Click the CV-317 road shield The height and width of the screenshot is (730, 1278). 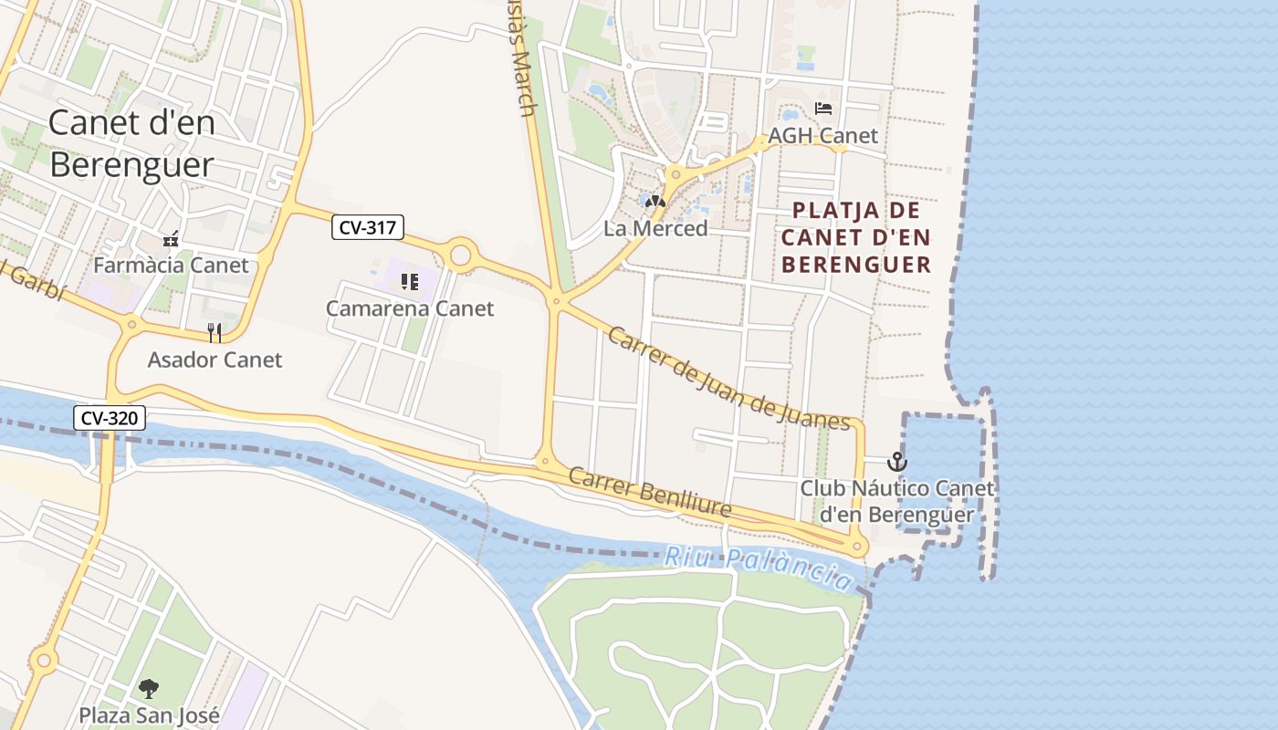coord(367,228)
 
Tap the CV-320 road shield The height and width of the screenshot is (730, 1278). coord(110,419)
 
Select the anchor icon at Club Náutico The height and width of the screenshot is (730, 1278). coord(897,462)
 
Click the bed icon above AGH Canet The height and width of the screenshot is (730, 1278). coord(823,109)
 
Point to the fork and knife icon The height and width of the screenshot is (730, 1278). coord(215,332)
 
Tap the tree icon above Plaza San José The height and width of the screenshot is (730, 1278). coord(148,688)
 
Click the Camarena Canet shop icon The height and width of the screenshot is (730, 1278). coord(410,282)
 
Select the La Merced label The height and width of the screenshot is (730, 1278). coord(655,228)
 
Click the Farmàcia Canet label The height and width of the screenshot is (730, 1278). coord(171,265)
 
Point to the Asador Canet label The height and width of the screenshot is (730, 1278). coord(215,360)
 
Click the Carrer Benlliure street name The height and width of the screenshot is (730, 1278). coord(649,493)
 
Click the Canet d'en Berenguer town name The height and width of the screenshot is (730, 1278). coord(131,143)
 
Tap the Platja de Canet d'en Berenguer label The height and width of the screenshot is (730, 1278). coord(856,237)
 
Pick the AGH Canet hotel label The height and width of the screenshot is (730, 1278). coord(822,136)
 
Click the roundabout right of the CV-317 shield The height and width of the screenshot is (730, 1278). coord(460,255)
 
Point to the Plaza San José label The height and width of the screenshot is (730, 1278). coord(149,714)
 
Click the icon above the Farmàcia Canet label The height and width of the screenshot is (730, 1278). coord(171,239)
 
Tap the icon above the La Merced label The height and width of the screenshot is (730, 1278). coord(655,201)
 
